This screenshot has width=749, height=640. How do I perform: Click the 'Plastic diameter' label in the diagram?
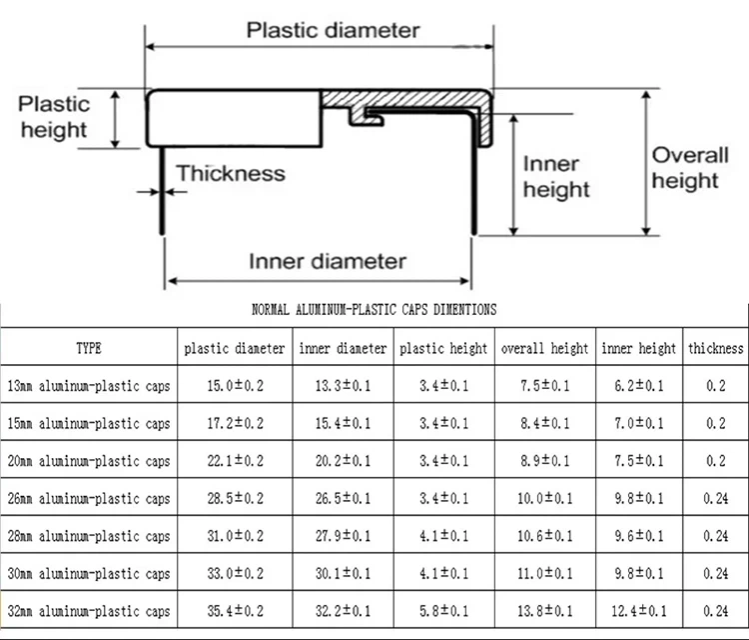click(333, 30)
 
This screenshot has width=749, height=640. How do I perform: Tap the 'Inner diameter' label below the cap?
click(327, 262)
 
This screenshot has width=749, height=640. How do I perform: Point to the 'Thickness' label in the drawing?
click(231, 174)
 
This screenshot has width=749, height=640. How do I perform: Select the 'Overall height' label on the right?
click(685, 168)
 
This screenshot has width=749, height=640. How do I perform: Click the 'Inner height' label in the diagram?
click(556, 177)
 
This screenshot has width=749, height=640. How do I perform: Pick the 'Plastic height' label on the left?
click(54, 116)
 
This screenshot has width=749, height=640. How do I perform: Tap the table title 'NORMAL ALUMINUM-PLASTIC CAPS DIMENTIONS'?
click(374, 311)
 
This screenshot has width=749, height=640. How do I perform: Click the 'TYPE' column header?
click(89, 349)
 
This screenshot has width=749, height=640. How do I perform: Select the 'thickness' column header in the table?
click(716, 349)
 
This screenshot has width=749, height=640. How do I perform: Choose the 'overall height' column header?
click(544, 349)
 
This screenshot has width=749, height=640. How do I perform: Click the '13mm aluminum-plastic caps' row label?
click(89, 386)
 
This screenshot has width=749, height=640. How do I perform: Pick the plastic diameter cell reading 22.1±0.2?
click(236, 461)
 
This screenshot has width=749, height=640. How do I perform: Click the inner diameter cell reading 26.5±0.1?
click(343, 499)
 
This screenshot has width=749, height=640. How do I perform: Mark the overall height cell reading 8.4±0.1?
click(544, 424)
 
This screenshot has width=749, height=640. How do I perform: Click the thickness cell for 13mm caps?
click(716, 386)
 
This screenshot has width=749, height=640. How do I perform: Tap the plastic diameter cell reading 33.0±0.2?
click(236, 574)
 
